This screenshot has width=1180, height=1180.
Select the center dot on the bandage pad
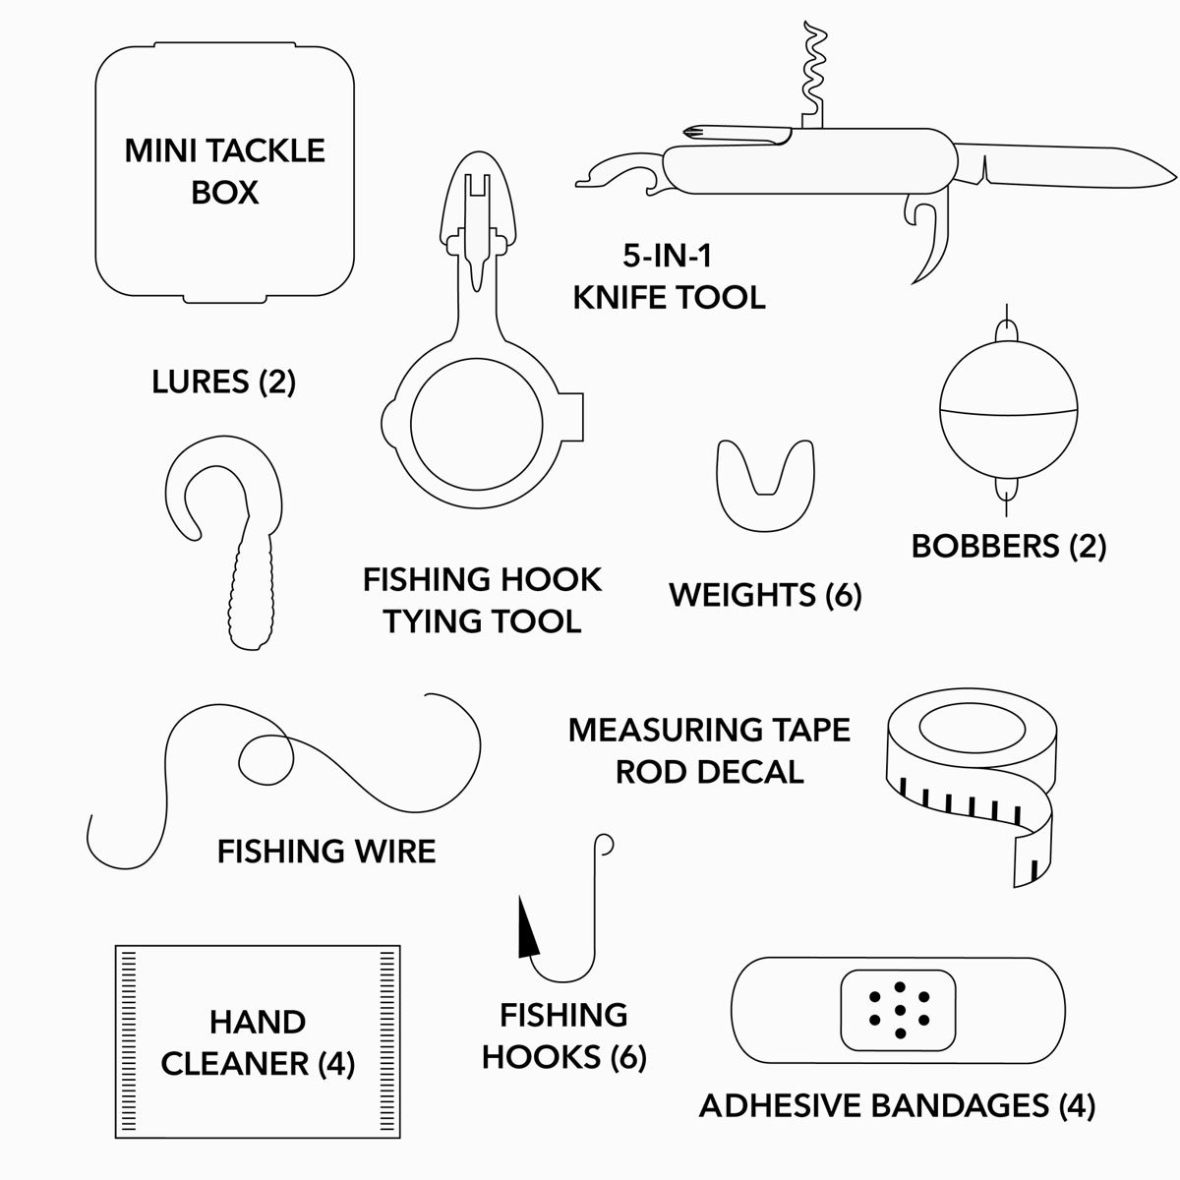click(899, 1010)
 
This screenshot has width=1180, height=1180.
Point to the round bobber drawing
click(1004, 408)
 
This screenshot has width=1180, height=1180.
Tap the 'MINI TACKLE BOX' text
click(224, 171)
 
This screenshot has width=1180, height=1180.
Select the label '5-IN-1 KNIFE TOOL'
click(669, 276)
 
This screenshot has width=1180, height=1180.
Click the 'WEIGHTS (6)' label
click(765, 594)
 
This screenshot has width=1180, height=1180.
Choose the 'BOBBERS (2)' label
click(1009, 546)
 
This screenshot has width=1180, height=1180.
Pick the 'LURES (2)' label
click(224, 382)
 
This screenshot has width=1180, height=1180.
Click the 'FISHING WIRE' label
click(326, 851)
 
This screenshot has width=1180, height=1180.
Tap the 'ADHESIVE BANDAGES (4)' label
click(897, 1105)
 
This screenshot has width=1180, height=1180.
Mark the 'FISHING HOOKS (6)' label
click(563, 1035)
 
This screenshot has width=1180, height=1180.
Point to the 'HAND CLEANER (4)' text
click(258, 1042)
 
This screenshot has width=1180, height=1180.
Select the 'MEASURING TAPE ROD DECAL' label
click(709, 750)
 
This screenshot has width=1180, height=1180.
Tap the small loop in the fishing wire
click(265, 757)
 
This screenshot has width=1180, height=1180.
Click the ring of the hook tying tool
click(476, 428)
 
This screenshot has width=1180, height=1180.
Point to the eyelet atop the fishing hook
click(604, 844)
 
